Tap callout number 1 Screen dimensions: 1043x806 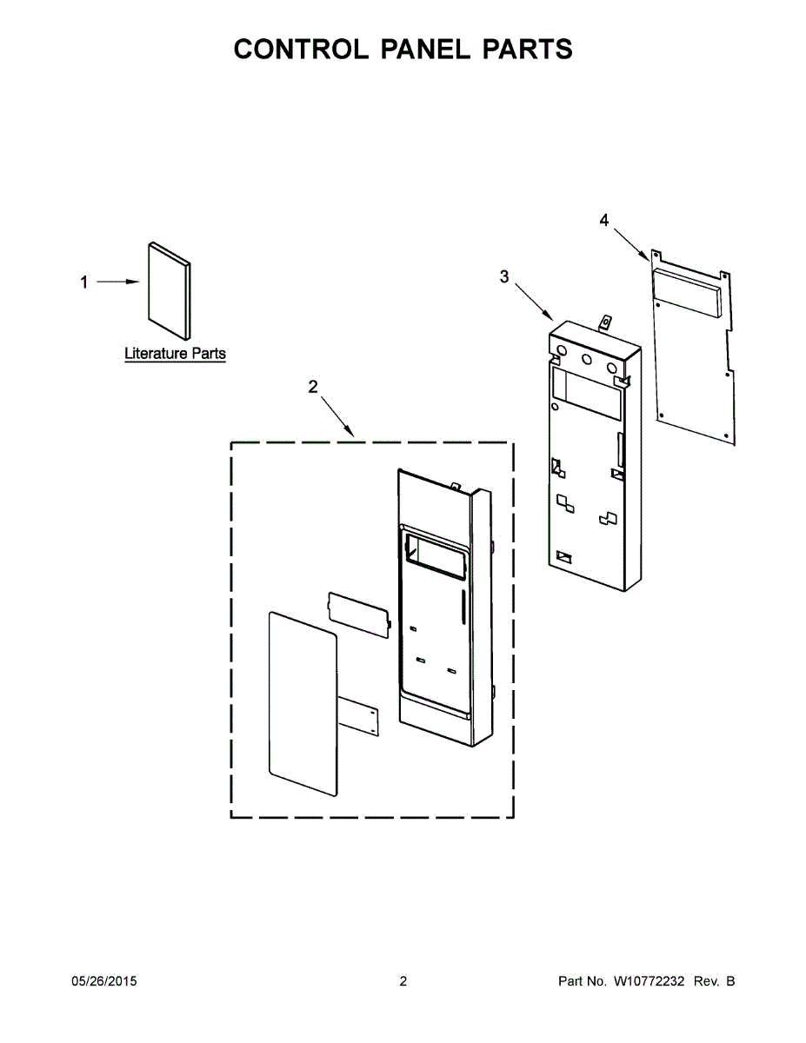click(x=84, y=282)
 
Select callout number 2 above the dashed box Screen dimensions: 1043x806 click(x=313, y=388)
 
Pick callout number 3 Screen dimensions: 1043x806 click(x=504, y=277)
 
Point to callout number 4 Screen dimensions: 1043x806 click(x=604, y=220)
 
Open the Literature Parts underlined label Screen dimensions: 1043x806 click(x=175, y=354)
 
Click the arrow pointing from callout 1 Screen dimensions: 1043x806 click(x=117, y=282)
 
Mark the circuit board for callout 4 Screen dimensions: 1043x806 click(x=693, y=348)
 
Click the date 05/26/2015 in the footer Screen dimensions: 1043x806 click(x=103, y=981)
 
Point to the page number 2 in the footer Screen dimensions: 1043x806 click(x=403, y=981)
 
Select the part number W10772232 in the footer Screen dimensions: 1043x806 click(x=649, y=981)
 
